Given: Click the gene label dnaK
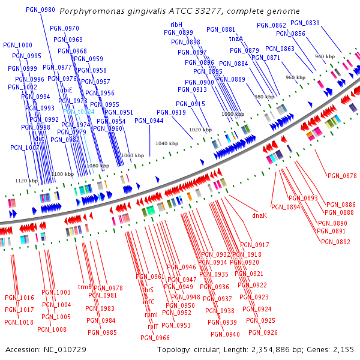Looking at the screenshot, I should pyautogui.click(x=259, y=215).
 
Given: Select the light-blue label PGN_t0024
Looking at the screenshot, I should pyautogui.click(x=79, y=112).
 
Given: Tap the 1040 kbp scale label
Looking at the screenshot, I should pyautogui.click(x=167, y=144).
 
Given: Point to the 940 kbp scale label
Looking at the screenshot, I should pyautogui.click(x=325, y=56).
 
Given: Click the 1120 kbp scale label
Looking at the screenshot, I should pyautogui.click(x=26, y=181).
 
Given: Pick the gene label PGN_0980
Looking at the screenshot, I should pyautogui.click(x=41, y=10).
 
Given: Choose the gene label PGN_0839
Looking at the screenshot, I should pyautogui.click(x=305, y=23).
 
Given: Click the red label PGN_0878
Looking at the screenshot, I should pyautogui.click(x=342, y=176).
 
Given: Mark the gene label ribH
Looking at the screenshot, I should pyautogui.click(x=176, y=25).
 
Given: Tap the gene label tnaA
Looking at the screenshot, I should pyautogui.click(x=236, y=38).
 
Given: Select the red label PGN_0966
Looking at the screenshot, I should pyautogui.click(x=155, y=338).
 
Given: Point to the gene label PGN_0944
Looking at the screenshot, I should pyautogui.click(x=149, y=121).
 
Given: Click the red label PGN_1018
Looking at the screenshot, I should pyautogui.click(x=19, y=322).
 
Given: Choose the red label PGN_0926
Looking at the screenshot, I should pyautogui.click(x=263, y=332).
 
